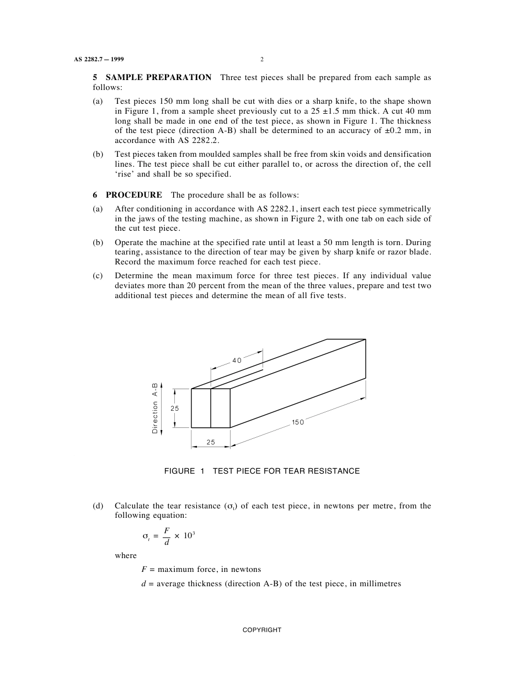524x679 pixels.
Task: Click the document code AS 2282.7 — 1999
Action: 102,60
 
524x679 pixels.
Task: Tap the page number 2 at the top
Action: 262,60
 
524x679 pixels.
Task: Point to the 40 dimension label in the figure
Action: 237,360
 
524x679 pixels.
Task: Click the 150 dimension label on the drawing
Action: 298,422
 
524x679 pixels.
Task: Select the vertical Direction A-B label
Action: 155,408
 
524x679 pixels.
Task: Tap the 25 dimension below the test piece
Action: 211,442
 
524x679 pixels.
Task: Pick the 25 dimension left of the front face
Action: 174,409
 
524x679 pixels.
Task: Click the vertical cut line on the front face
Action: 211,408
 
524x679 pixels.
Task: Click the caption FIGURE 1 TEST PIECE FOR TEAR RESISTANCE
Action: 262,471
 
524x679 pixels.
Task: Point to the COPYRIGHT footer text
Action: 262,630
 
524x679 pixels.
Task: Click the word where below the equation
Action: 126,556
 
